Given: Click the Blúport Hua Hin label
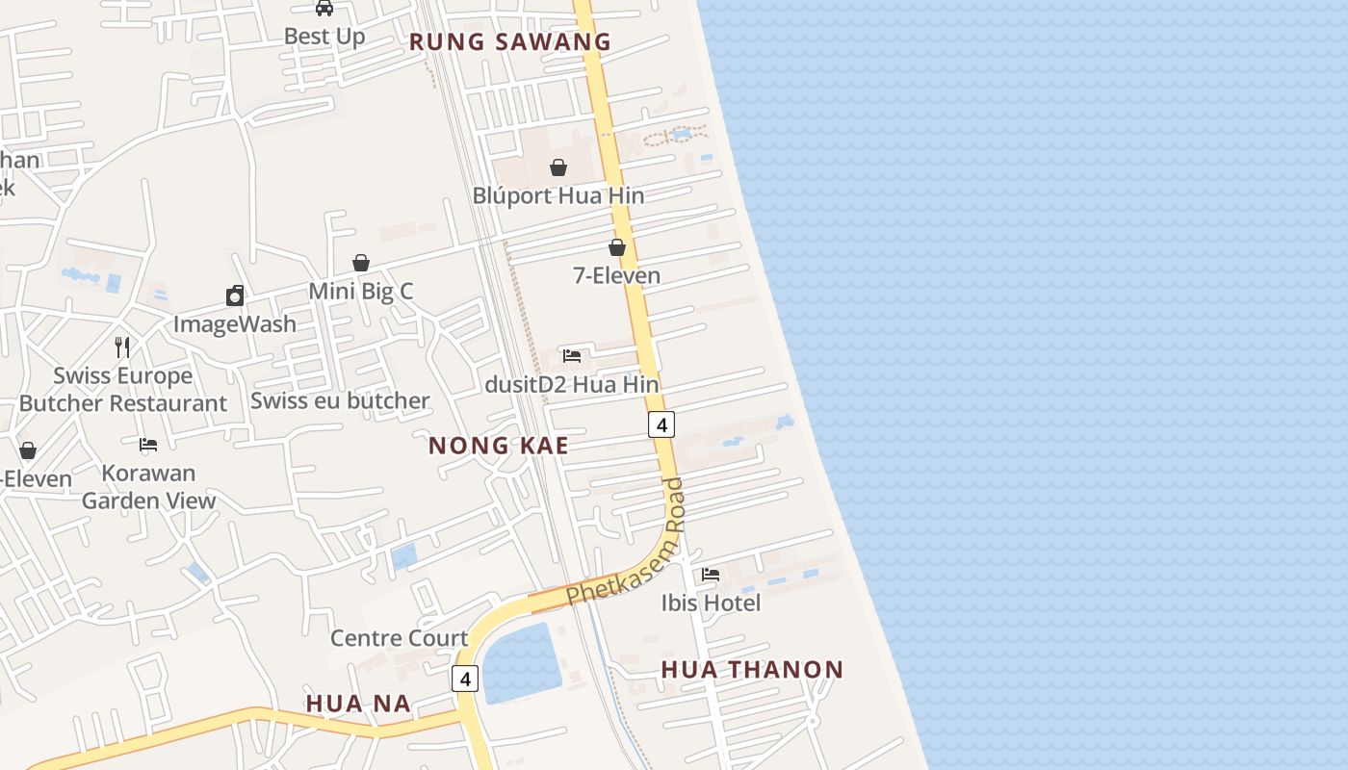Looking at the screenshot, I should tap(557, 195).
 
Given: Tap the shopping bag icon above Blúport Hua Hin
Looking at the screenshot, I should tap(558, 167).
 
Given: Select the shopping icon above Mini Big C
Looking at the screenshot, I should tap(361, 263).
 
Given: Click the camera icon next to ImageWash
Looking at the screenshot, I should tap(235, 295).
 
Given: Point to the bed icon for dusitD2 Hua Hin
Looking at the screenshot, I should tap(572, 356).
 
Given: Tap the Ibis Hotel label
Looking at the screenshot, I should tap(711, 603).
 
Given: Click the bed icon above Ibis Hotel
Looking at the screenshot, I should tap(711, 575).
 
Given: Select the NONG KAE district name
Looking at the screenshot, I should tap(498, 446).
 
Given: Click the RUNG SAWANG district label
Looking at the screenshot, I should tap(510, 41).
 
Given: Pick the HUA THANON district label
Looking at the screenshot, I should tap(752, 670).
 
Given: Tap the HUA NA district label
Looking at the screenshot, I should tap(358, 704).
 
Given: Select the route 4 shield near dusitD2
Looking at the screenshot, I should tap(661, 423).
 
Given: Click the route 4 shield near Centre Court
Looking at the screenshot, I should tap(465, 679).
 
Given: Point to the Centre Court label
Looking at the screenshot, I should tap(399, 638).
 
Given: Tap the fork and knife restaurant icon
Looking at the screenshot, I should tap(122, 347).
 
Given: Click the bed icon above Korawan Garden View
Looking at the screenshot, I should tap(148, 445).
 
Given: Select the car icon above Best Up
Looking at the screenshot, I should tap(324, 9).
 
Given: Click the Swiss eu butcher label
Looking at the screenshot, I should tap(340, 400).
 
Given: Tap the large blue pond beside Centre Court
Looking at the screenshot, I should tap(520, 662).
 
